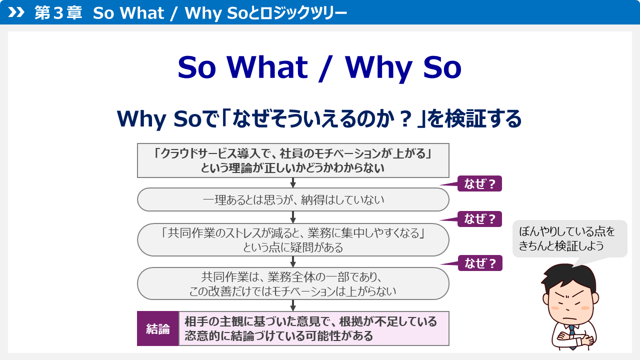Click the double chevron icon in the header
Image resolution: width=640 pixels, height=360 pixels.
pyautogui.click(x=16, y=12)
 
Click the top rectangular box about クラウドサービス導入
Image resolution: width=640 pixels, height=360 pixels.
pyautogui.click(x=293, y=160)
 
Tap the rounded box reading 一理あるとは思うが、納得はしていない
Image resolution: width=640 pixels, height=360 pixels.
pyautogui.click(x=293, y=199)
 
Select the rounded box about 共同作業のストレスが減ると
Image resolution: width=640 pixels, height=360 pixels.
pyautogui.click(x=293, y=239)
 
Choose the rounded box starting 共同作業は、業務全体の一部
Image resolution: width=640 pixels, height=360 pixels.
pyautogui.click(x=293, y=283)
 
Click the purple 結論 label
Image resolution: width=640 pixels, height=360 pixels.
pyautogui.click(x=157, y=328)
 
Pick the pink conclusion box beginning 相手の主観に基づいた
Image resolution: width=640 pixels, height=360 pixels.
pyautogui.click(x=314, y=328)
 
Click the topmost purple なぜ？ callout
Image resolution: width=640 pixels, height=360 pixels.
pyautogui.click(x=479, y=184)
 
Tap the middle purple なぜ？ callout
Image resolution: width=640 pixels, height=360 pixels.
pyautogui.click(x=479, y=219)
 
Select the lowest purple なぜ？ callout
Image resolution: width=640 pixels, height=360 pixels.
pyautogui.click(x=479, y=263)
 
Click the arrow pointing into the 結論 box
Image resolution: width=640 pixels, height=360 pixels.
pyautogui.click(x=293, y=305)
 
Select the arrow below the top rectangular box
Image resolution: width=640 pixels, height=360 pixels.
pyautogui.click(x=293, y=182)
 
